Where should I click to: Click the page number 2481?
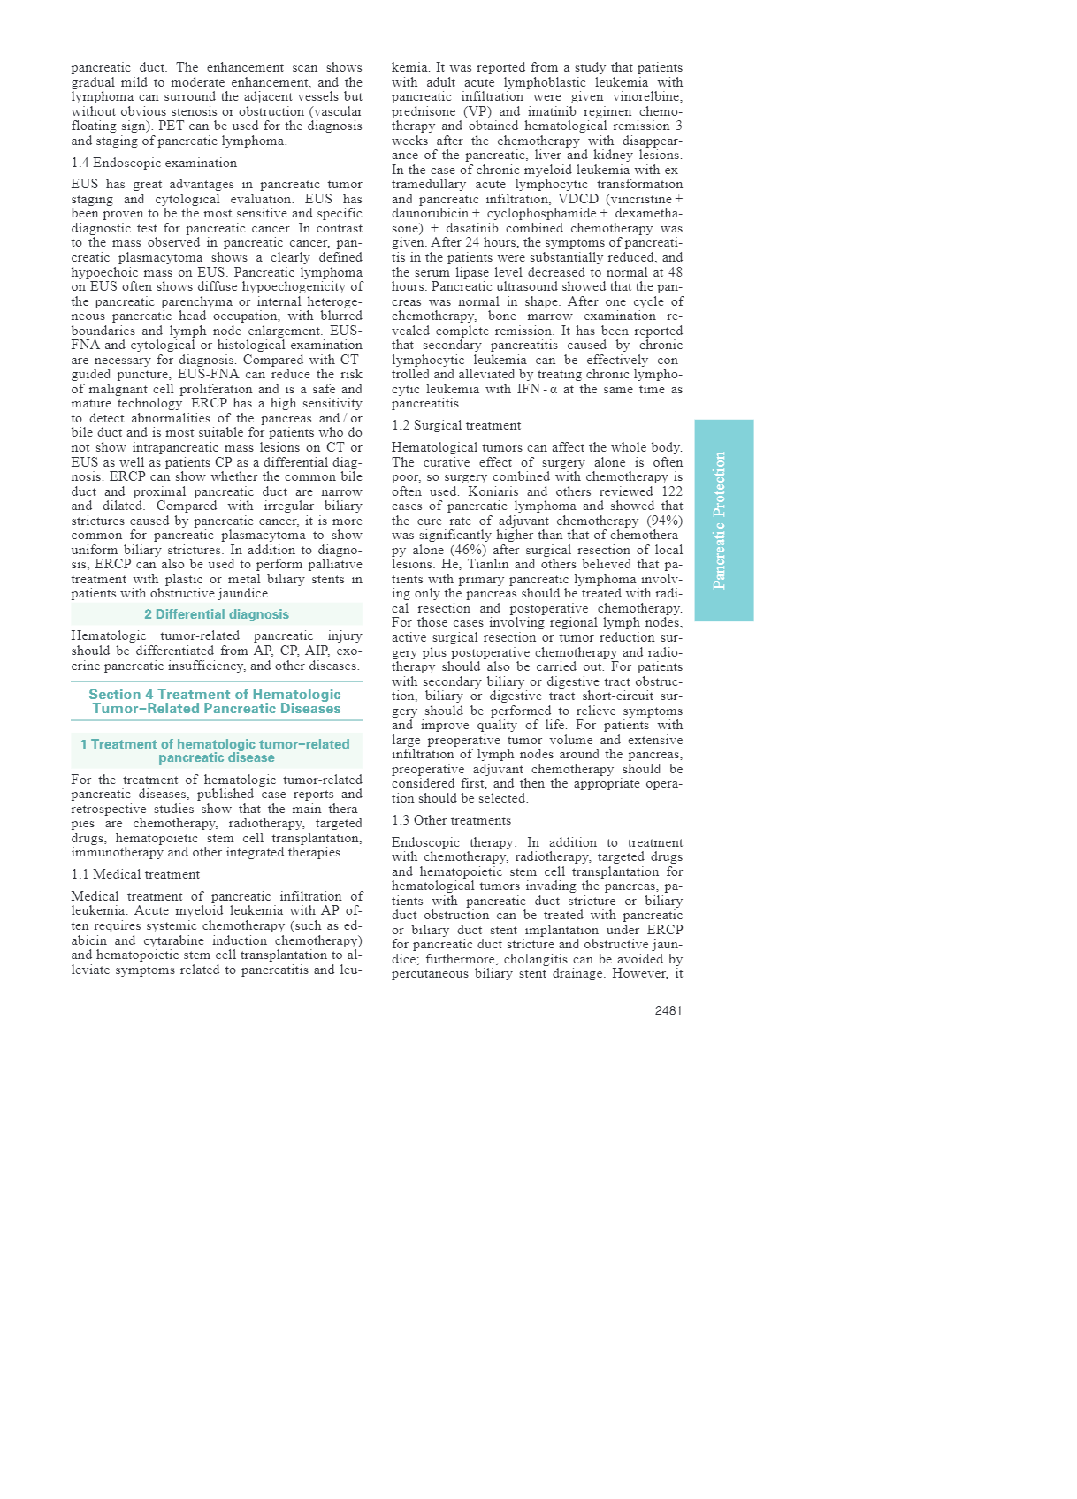[668, 1010]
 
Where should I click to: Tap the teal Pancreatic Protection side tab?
[723, 520]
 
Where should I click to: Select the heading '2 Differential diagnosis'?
[217, 614]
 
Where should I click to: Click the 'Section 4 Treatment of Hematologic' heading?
[215, 695]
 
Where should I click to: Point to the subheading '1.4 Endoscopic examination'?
[154, 163]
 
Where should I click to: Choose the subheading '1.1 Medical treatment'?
[135, 874]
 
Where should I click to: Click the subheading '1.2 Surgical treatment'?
[456, 425]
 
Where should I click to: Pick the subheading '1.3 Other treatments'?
[451, 820]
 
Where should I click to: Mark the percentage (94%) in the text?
[664, 521]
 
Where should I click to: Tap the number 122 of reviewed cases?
[671, 491]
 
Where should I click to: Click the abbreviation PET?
[172, 126]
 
